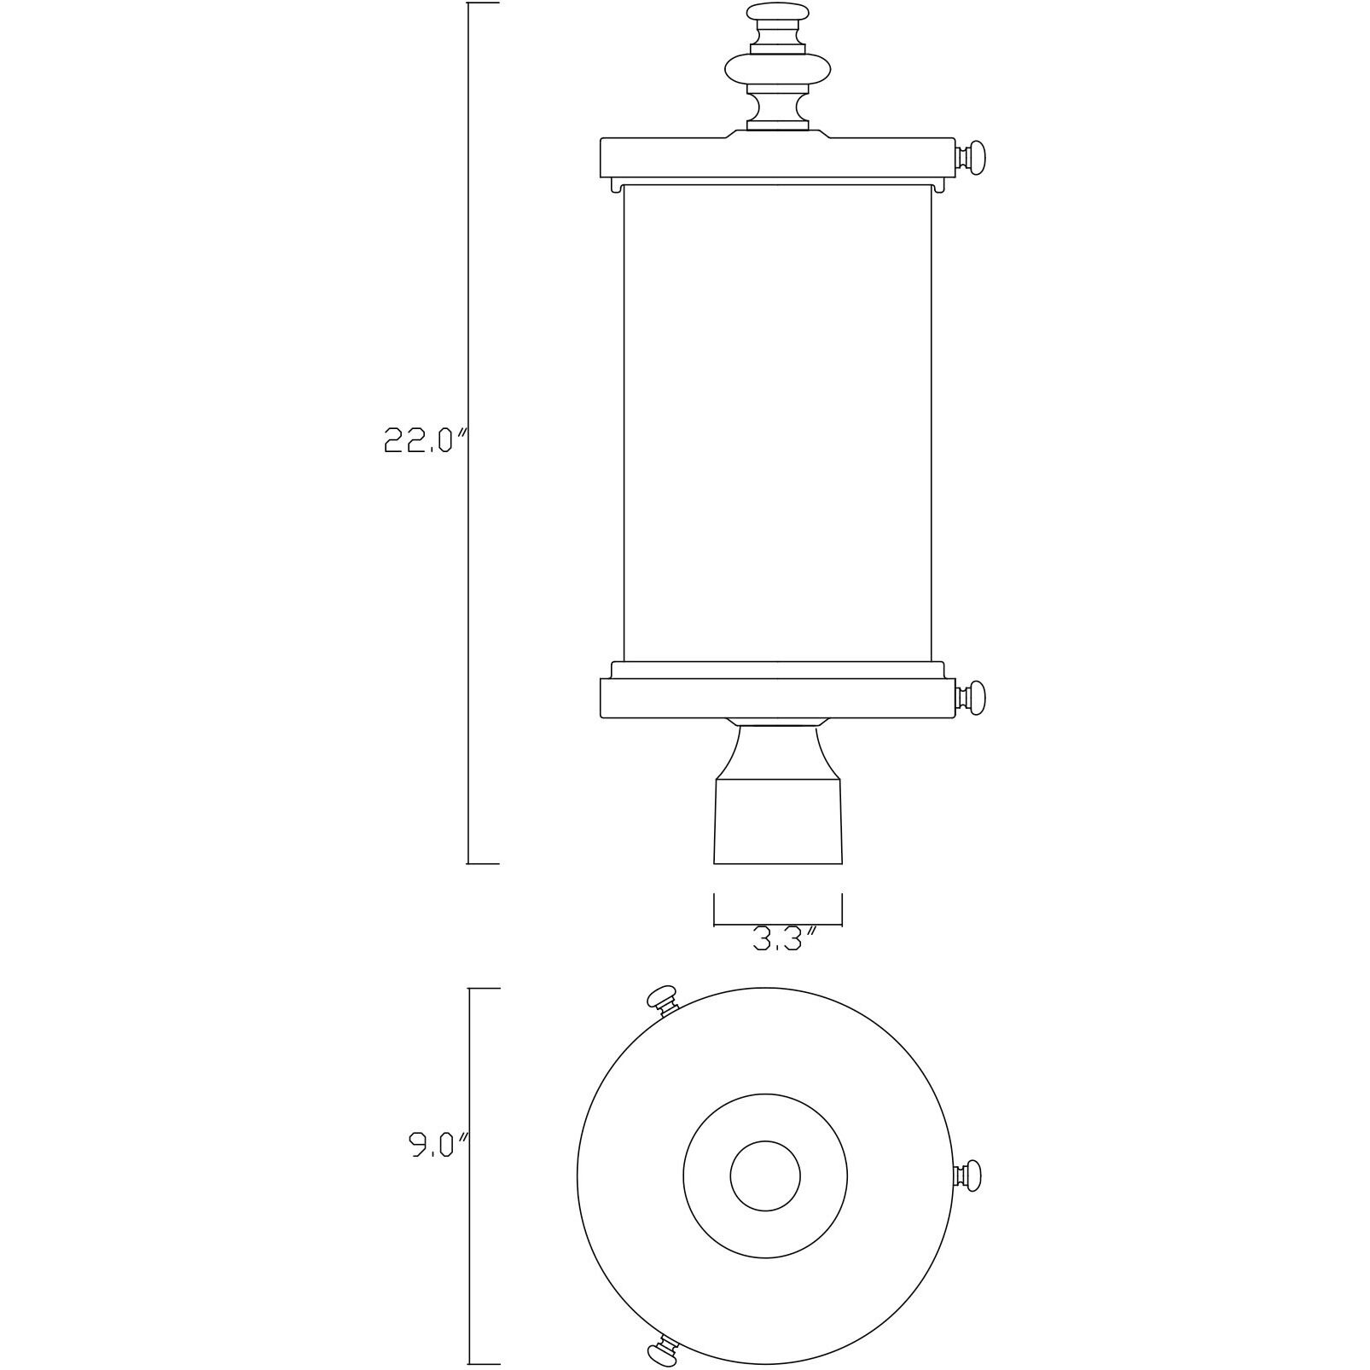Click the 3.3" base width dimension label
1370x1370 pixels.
[786, 940]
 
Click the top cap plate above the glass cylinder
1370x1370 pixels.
[777, 155]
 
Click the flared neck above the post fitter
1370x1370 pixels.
[777, 751]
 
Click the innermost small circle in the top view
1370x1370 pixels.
[765, 1175]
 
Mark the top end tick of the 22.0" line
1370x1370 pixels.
[483, 3]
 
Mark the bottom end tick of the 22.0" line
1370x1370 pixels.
[483, 863]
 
